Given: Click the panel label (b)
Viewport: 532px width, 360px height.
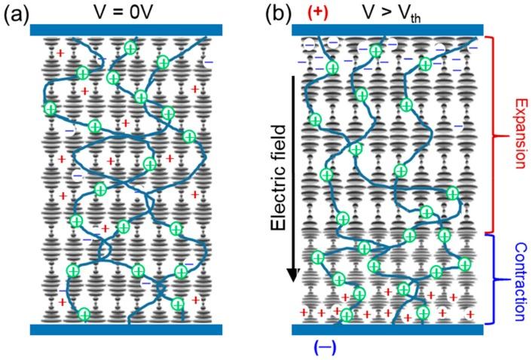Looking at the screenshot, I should (271, 14).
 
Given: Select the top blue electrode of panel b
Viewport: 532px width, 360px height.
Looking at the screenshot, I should (387, 31).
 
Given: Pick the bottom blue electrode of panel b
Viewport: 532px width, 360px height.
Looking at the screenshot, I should (387, 329).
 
